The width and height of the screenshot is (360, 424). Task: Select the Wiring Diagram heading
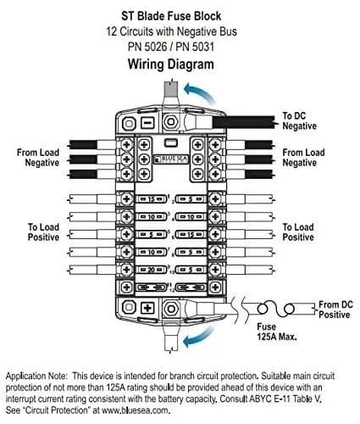[180, 64]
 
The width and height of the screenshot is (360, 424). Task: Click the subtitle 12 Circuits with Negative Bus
[180, 31]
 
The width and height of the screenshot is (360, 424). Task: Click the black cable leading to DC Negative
[246, 124]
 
